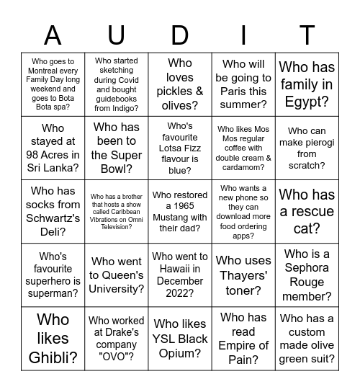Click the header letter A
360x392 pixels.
point(53,35)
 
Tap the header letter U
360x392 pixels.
point(117,35)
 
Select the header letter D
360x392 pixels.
point(180,35)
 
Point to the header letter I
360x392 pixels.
point(243,35)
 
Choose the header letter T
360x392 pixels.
point(307,35)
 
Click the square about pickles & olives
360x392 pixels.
point(180,85)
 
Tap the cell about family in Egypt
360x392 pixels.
point(307,85)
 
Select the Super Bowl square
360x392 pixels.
point(117,148)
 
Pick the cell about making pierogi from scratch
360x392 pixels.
point(307,148)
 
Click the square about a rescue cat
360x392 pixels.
point(307,212)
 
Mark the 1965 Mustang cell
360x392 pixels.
point(180,212)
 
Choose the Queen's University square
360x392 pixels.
point(117,275)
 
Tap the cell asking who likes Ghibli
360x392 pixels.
point(53,339)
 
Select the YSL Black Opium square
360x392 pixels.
point(180,339)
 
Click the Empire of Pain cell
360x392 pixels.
point(243,339)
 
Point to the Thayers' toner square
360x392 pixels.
point(243,275)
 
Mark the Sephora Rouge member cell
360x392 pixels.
point(307,275)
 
